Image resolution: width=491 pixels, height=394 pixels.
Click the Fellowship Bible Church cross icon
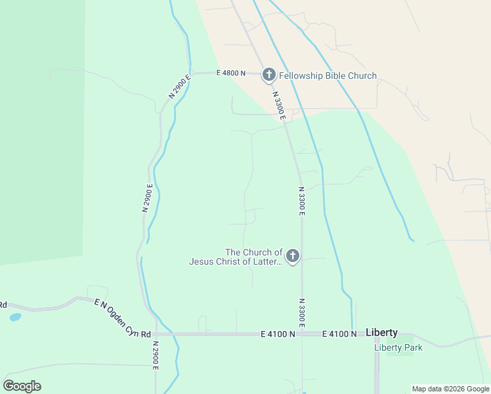point(268,75)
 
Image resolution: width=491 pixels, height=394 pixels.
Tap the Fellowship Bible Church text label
point(328,76)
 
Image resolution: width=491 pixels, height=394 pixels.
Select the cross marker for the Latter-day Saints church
point(293,256)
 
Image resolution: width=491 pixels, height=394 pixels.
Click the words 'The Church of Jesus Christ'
point(236,257)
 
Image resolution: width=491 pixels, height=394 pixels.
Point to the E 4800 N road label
point(230,73)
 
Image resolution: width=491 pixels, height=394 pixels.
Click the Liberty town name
point(381,332)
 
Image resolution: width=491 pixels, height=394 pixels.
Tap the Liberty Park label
point(398,347)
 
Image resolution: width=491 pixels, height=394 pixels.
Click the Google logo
point(22,385)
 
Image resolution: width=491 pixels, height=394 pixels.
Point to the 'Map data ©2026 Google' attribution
point(450,389)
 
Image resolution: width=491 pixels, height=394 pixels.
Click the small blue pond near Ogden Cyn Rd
point(15,317)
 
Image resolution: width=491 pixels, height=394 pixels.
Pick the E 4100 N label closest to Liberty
point(339,334)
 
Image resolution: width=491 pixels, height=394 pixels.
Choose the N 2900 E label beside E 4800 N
point(179,86)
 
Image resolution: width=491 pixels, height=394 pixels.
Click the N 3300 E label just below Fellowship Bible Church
point(278,104)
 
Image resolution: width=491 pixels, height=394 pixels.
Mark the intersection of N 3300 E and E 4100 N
point(302,334)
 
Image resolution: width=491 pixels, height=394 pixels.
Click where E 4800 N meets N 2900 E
point(191,72)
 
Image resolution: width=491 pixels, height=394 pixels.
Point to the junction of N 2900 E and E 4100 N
point(156,334)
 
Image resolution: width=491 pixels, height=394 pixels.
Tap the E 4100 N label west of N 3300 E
point(278,334)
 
